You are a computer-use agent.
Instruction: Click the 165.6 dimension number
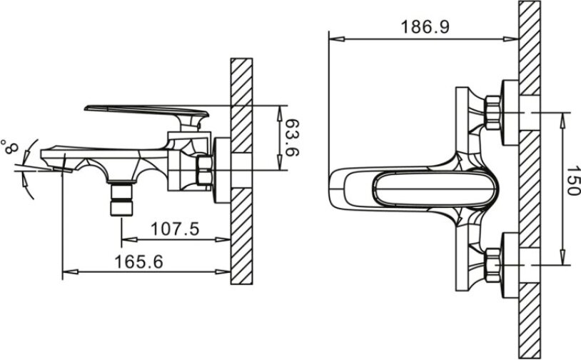(x=139, y=261)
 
